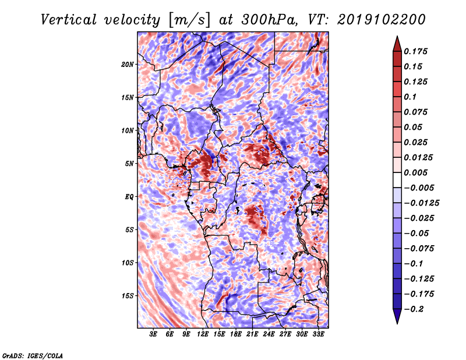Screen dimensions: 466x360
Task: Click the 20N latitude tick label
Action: click(x=128, y=65)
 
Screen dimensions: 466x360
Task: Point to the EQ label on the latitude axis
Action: click(x=129, y=197)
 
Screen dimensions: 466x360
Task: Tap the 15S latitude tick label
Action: click(x=128, y=296)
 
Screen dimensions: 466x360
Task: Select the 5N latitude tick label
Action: click(x=129, y=164)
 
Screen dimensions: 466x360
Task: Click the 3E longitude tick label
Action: click(x=153, y=334)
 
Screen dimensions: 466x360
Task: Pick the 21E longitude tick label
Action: click(x=252, y=334)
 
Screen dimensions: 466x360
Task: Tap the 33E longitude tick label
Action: click(x=318, y=334)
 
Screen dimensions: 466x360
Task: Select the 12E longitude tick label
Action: click(x=203, y=334)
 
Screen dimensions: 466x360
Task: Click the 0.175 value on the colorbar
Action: click(x=415, y=51)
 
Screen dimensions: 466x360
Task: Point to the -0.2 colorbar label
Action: click(x=414, y=309)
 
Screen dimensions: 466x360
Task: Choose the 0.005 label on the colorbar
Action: click(x=415, y=172)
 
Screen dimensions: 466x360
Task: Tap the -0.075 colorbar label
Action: click(x=419, y=249)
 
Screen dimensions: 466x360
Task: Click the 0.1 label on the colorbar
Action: click(x=410, y=97)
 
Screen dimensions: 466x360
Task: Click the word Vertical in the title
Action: click(x=69, y=20)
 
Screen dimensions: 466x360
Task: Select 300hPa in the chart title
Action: click(x=269, y=20)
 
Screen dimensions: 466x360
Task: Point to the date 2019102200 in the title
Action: click(x=382, y=20)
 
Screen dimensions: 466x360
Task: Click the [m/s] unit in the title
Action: click(x=189, y=20)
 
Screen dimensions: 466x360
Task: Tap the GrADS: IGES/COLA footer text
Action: click(x=33, y=355)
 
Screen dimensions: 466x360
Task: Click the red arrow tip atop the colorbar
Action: click(x=397, y=37)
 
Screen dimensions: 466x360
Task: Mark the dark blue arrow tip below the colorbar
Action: click(x=397, y=323)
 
